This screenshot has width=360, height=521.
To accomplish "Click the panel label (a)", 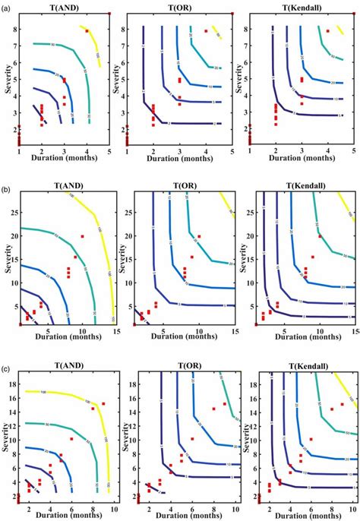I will coord(5,5).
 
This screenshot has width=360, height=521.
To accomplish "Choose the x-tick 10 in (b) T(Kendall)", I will coord(318,330).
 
